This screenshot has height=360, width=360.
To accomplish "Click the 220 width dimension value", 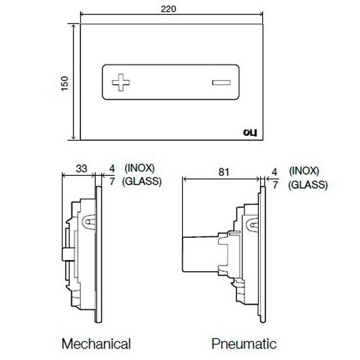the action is [x=168, y=9].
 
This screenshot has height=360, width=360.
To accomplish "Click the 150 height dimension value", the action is [x=65, y=84].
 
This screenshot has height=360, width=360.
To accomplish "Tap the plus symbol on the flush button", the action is [x=121, y=82].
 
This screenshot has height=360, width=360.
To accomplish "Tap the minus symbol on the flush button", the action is [x=221, y=82].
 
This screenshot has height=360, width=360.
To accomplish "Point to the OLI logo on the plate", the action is [x=250, y=132].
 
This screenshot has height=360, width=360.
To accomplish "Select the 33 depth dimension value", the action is [x=82, y=168].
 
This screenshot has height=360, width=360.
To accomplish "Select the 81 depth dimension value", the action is [x=223, y=172].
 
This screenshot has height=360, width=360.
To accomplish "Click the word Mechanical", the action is [x=96, y=344].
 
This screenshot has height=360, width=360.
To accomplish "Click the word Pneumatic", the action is [x=244, y=344].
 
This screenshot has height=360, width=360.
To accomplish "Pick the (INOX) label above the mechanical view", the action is [x=139, y=168].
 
